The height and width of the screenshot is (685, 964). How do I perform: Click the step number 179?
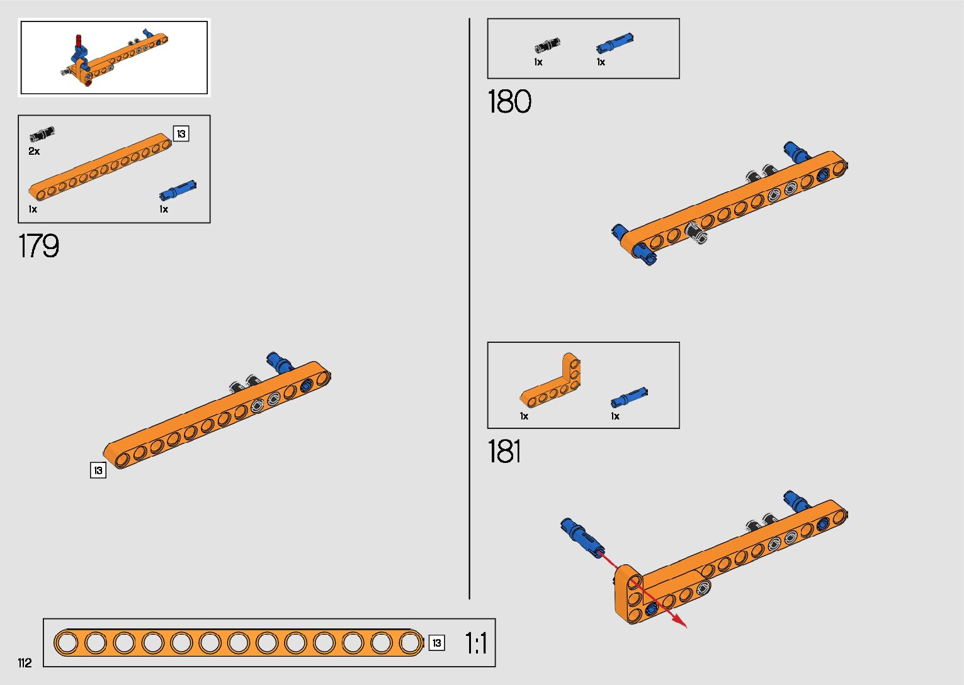39,246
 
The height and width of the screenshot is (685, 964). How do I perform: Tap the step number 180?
509,102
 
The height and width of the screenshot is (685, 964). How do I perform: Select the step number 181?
505,452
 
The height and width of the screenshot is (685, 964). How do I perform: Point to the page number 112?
25,663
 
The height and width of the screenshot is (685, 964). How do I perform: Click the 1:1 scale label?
476,643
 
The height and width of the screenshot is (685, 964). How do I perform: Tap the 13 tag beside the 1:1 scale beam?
436,643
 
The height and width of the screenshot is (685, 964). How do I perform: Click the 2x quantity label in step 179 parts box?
34,152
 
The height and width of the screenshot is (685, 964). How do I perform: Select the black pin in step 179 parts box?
42,134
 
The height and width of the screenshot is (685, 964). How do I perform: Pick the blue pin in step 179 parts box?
178,189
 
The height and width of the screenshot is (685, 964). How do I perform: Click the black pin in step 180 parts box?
547,45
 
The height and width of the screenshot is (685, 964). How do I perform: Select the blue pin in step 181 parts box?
628,398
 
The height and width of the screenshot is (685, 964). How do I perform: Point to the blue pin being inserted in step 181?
582,537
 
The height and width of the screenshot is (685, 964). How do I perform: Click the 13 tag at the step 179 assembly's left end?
98,470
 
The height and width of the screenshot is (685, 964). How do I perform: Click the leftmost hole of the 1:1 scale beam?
66,643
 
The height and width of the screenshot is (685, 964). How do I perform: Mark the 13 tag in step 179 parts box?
181,133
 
